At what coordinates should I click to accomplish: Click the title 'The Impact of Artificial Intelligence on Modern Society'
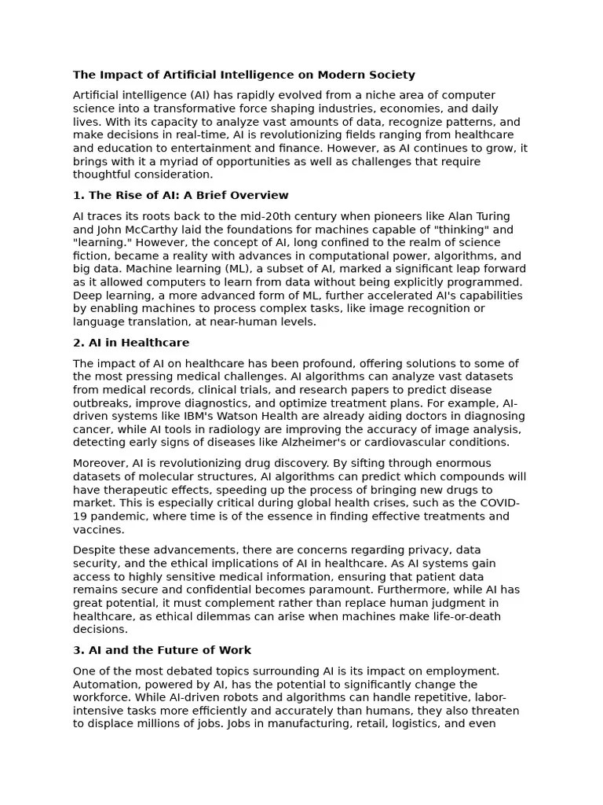pos(243,75)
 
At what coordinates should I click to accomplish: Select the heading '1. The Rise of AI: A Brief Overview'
pos(181,196)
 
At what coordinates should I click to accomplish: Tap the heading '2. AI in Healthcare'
pos(131,343)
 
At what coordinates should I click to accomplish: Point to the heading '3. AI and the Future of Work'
pos(162,650)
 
